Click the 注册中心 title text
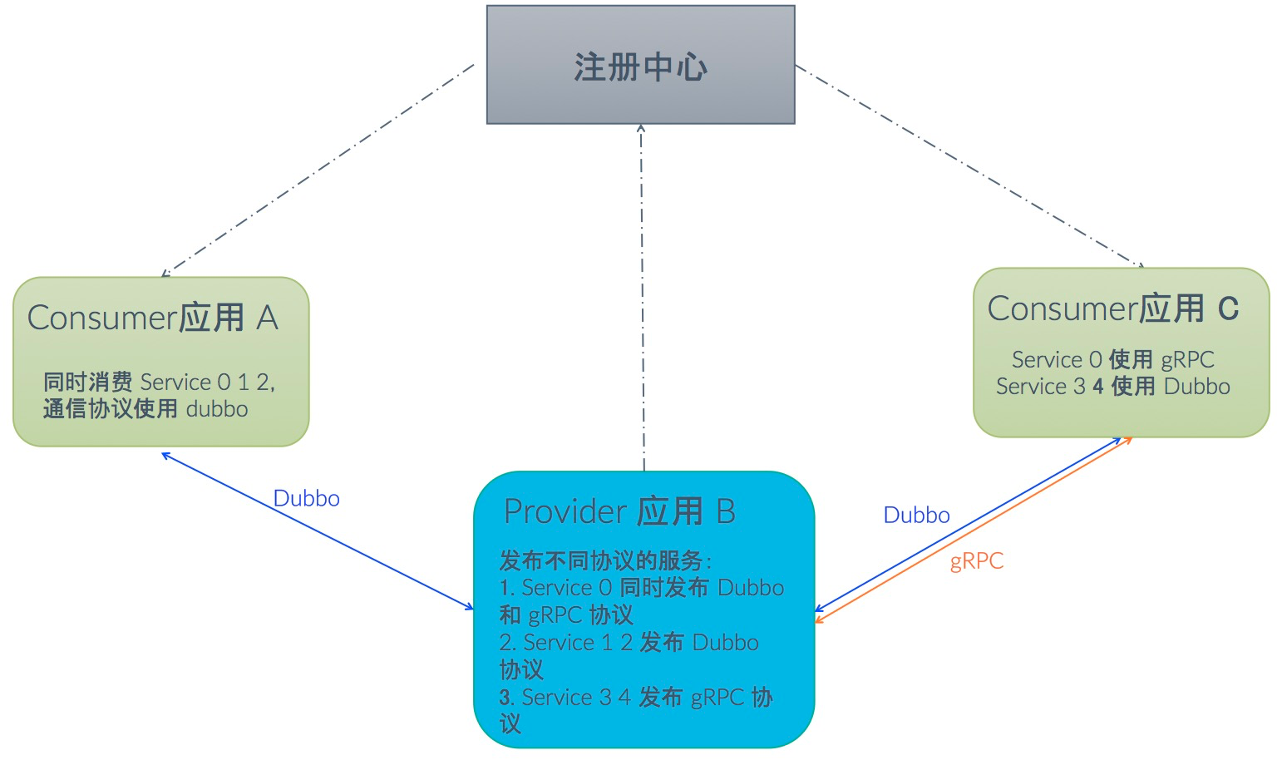[640, 67]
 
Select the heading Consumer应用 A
[153, 318]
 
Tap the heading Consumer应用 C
[1112, 308]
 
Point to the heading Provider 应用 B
[619, 511]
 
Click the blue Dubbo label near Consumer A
[306, 499]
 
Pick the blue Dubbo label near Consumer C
[916, 516]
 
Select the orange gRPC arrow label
[976, 561]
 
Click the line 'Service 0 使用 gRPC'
[1112, 359]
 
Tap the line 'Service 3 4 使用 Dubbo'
[1112, 387]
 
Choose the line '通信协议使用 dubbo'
[145, 409]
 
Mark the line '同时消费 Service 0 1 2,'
[159, 382]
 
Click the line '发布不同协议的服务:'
[605, 560]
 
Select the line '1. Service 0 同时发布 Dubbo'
[641, 588]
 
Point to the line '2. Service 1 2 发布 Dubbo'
[629, 643]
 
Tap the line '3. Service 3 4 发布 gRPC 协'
[636, 698]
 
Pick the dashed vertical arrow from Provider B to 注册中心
[642, 291]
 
